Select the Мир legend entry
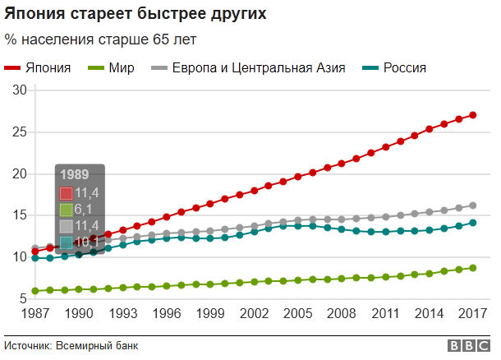click(121, 67)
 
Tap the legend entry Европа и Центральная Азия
click(258, 67)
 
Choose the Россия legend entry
click(404, 67)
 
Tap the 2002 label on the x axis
click(253, 315)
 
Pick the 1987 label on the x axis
click(34, 315)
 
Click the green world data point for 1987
click(34, 291)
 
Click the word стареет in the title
click(96, 16)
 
